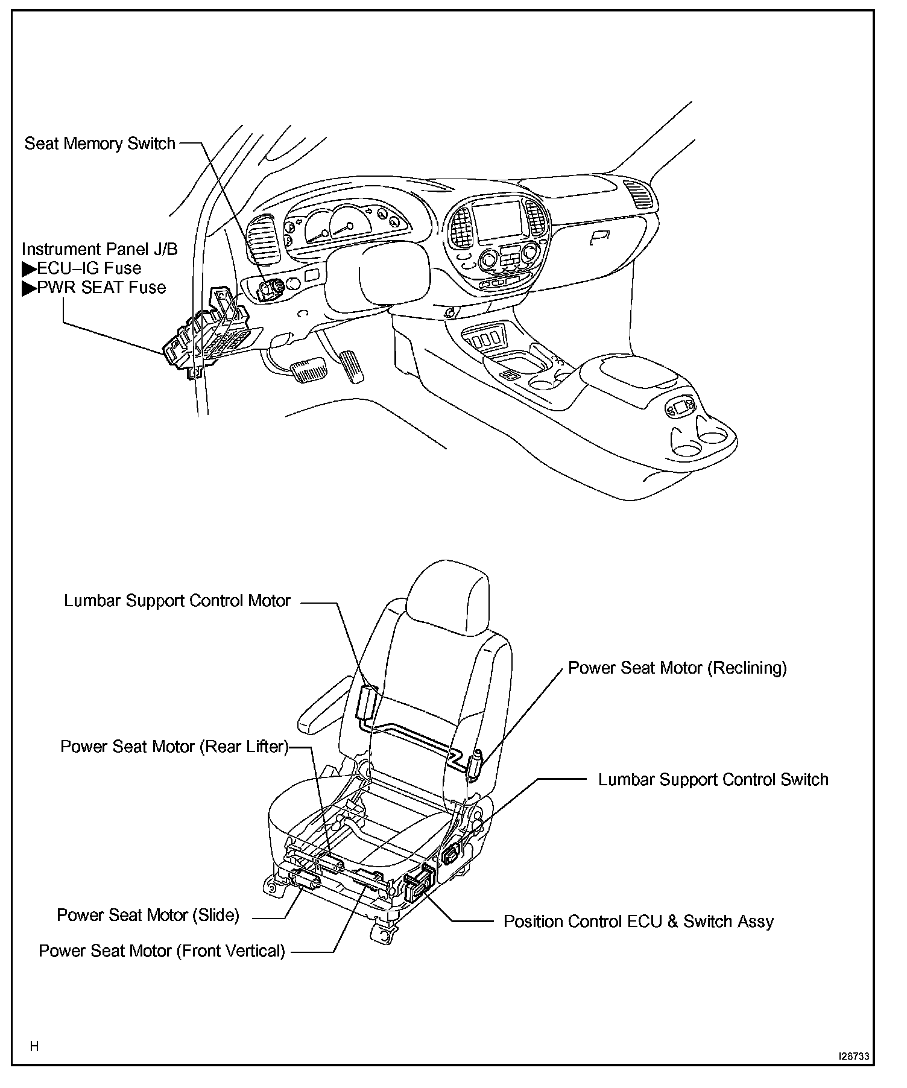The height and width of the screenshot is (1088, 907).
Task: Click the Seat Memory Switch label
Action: [100, 144]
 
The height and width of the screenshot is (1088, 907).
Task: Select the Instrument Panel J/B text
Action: [100, 249]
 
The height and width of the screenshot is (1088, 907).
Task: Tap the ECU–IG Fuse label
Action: [88, 268]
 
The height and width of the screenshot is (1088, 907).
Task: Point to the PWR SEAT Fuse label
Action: [100, 288]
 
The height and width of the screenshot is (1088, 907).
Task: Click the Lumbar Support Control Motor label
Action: [177, 601]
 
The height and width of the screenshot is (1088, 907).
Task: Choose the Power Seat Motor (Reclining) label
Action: [677, 668]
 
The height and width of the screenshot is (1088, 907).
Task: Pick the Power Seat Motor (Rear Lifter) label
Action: [174, 747]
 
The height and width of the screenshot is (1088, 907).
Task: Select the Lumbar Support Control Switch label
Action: [713, 779]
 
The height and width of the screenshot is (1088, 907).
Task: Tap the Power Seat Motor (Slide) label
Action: [148, 915]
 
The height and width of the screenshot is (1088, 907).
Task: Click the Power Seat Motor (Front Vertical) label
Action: [162, 951]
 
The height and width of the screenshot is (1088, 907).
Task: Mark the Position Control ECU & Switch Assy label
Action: [638, 922]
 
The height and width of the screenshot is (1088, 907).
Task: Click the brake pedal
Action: [308, 368]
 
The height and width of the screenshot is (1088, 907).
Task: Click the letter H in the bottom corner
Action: [34, 1046]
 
